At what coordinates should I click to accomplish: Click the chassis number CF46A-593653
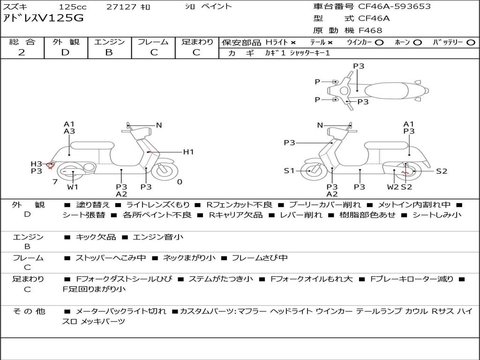click(394, 7)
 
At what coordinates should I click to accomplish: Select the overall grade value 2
click(22, 52)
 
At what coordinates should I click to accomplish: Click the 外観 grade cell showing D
click(65, 52)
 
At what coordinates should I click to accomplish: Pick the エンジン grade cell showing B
click(109, 52)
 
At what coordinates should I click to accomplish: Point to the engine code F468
click(370, 30)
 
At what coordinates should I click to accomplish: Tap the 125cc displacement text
click(72, 7)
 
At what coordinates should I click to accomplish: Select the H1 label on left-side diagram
click(188, 152)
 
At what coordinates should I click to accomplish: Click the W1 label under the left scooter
click(73, 187)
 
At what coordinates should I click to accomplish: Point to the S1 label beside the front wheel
click(289, 171)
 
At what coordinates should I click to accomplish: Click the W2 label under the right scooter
click(393, 187)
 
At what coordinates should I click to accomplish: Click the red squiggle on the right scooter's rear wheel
click(405, 172)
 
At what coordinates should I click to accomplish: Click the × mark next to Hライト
click(293, 42)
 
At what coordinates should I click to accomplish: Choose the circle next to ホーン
click(417, 42)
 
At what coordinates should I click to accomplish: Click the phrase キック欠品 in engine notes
click(96, 237)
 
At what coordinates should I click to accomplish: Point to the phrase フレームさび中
click(260, 258)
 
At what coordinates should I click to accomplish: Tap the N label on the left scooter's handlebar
click(159, 125)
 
